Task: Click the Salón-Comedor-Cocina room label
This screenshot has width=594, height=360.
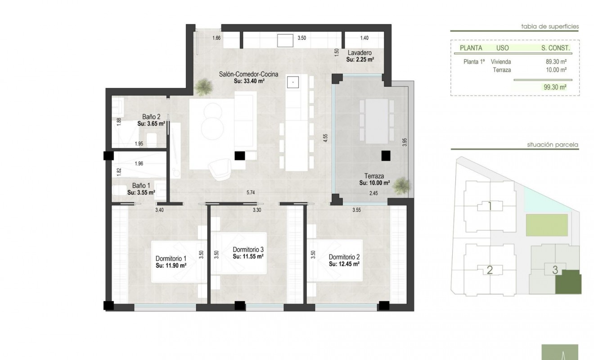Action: (248, 75)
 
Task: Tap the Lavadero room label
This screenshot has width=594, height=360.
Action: (360, 53)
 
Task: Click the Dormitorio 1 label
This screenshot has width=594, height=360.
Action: (171, 259)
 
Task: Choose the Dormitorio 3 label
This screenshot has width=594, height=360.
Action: (247, 249)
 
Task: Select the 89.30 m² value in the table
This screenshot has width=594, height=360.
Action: (556, 62)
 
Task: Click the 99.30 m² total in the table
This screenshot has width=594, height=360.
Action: (555, 88)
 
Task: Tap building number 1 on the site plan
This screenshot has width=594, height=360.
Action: (490, 206)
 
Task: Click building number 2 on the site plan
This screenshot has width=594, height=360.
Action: (490, 270)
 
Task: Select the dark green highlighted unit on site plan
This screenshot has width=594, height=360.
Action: (568, 283)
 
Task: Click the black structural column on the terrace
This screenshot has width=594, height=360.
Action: (386, 156)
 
